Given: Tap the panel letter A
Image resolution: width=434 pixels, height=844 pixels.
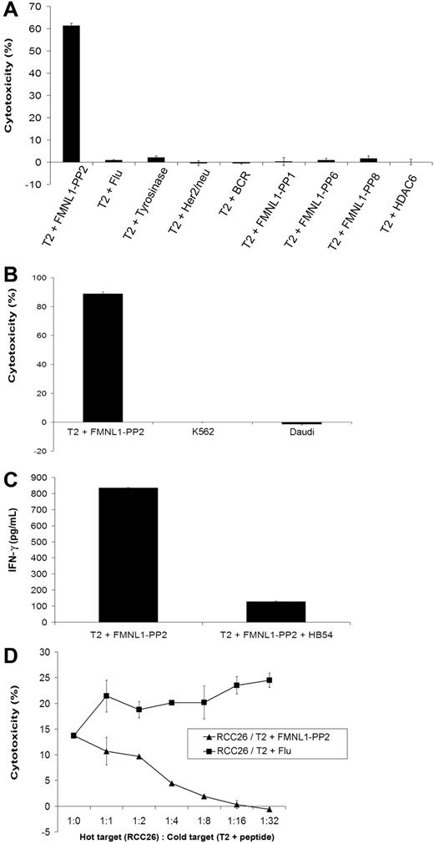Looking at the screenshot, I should click(x=11, y=9).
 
